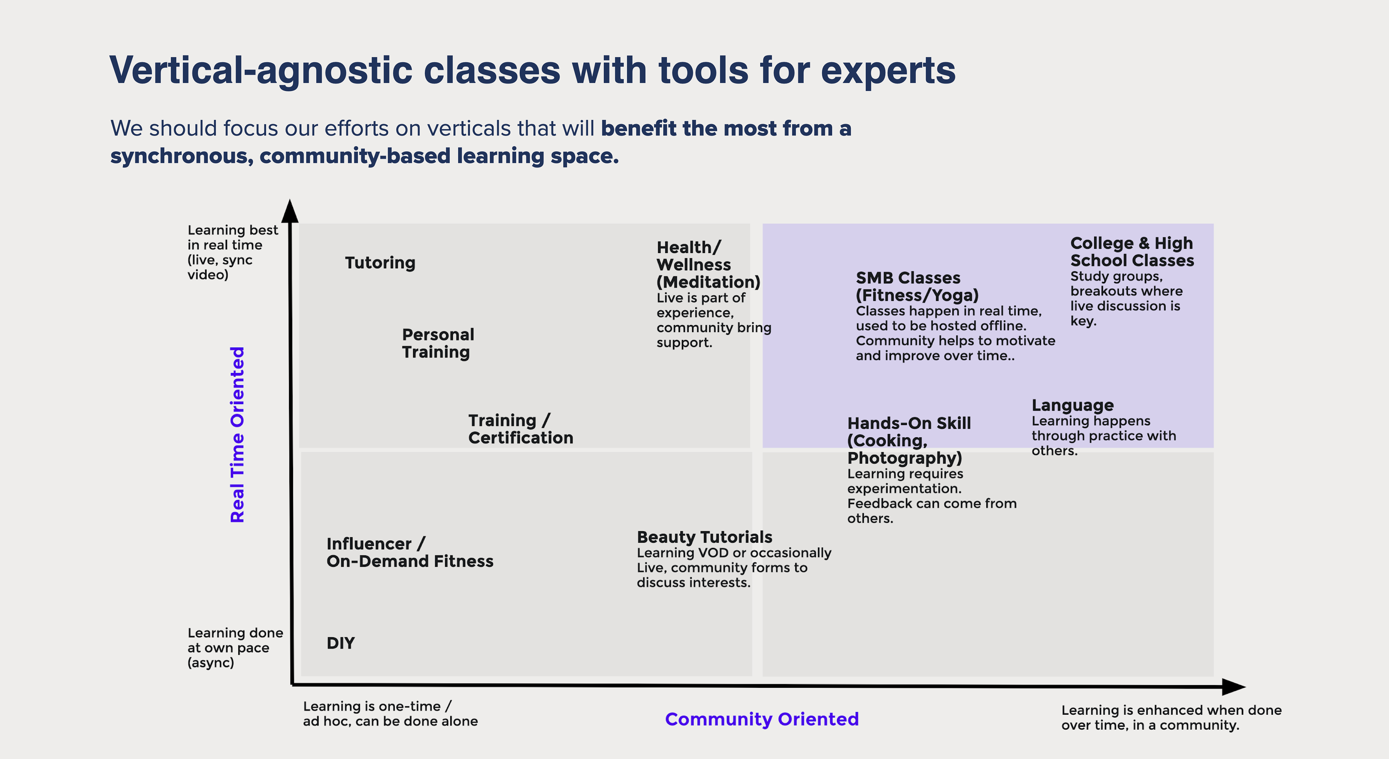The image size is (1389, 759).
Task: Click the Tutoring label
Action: click(380, 263)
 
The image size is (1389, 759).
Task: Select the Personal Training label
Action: click(438, 343)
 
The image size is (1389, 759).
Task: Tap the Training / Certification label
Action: click(521, 429)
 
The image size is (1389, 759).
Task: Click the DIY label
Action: click(341, 643)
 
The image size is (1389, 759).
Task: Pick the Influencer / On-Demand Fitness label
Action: click(410, 552)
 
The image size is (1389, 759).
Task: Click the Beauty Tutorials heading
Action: click(704, 537)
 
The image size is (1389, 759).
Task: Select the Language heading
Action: click(1072, 405)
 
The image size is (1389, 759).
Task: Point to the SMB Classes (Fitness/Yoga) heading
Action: click(917, 287)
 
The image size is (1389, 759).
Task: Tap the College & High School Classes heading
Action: click(1132, 251)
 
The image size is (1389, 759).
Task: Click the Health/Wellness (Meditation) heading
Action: click(708, 264)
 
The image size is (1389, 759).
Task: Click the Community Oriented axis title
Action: click(761, 719)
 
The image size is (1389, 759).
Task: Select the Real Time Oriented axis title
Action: click(237, 435)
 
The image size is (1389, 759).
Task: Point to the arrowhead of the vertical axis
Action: click(290, 211)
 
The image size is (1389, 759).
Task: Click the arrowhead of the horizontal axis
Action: click(1234, 687)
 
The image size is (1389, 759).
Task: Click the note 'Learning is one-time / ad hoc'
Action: click(390, 714)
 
